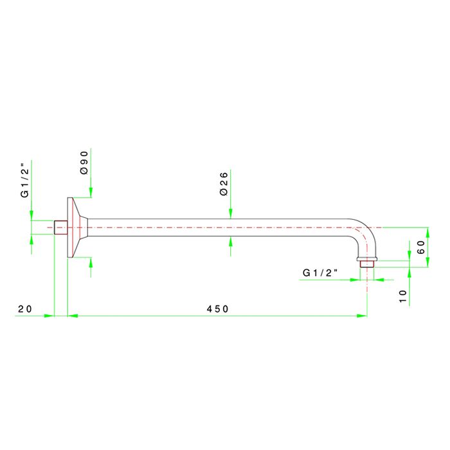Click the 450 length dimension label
click(217, 309)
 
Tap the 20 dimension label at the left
click(25, 309)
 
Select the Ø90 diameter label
click(84, 163)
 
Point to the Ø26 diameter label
click(224, 184)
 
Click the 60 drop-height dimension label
click(420, 247)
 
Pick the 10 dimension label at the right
click(403, 296)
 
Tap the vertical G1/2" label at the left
click(25, 181)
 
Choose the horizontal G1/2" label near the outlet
click(320, 273)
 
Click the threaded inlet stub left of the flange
click(61, 228)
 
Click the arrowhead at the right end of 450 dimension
click(362, 316)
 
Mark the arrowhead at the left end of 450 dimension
click(73, 316)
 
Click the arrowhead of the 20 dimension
click(49, 316)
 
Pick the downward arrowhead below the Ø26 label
click(230, 214)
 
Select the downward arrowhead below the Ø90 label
click(91, 193)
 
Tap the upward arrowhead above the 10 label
click(410, 273)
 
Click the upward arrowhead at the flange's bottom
click(91, 262)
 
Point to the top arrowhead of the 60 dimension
click(428, 233)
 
